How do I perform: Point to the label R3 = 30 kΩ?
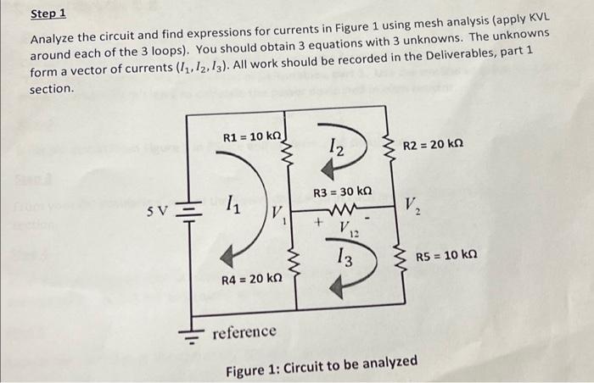(342, 193)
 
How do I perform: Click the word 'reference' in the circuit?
(244, 330)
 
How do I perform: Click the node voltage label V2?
(412, 205)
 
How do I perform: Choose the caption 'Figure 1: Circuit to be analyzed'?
(321, 363)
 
